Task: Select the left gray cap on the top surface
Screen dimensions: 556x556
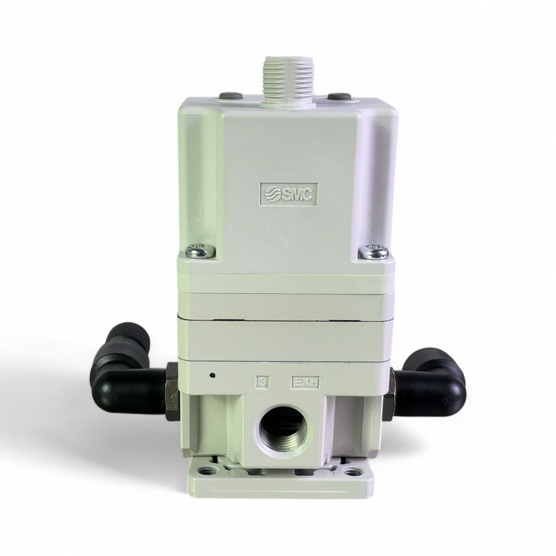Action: tap(230, 96)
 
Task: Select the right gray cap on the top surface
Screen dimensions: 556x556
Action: tap(340, 97)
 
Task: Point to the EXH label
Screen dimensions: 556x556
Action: tap(306, 383)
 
